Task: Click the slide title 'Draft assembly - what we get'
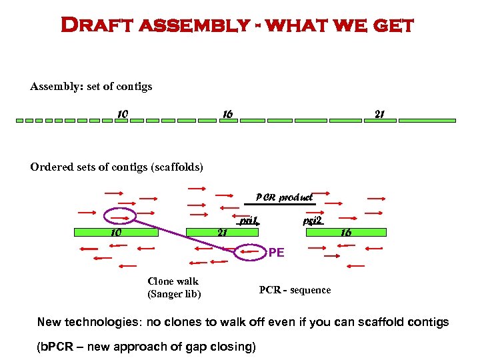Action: pos(237,26)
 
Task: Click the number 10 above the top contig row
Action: pos(122,114)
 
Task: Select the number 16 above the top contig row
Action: pos(227,114)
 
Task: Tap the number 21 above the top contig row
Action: pos(379,114)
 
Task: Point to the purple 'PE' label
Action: pos(276,253)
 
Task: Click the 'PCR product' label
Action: pos(284,197)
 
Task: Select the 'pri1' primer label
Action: pos(249,220)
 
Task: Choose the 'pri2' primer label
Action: pos(312,220)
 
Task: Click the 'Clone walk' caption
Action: pos(173,281)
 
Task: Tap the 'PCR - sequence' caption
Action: pos(295,290)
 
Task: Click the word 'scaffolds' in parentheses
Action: pos(178,167)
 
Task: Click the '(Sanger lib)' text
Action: pos(174,294)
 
